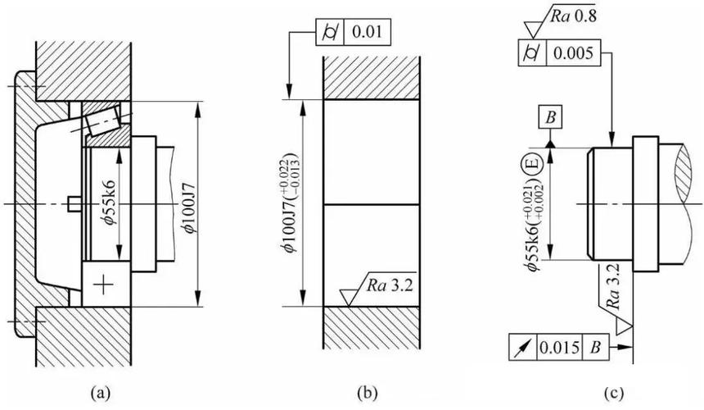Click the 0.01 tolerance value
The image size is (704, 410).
click(x=368, y=32)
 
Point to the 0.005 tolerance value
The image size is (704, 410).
click(x=573, y=53)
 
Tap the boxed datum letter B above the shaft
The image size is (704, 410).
click(x=550, y=118)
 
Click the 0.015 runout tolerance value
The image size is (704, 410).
click(x=559, y=347)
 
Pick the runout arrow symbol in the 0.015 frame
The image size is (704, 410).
click(x=521, y=347)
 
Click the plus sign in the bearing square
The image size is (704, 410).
click(x=103, y=285)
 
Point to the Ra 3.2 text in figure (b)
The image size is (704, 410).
click(x=390, y=285)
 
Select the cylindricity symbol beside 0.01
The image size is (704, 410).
click(x=330, y=32)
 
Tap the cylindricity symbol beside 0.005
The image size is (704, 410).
click(x=531, y=53)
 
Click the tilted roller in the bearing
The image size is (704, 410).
click(x=103, y=121)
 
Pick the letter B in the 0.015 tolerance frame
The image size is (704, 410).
click(x=595, y=347)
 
